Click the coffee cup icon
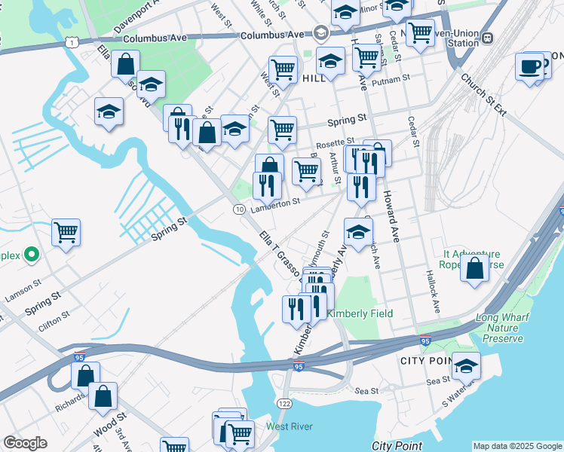(530, 66)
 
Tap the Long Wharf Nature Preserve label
(507, 328)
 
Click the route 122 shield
(285, 405)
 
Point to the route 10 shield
(239, 209)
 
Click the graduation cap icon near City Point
(466, 366)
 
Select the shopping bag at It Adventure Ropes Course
(474, 268)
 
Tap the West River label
(289, 427)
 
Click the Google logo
(25, 443)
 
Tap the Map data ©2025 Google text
(516, 446)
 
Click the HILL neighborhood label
(312, 78)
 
